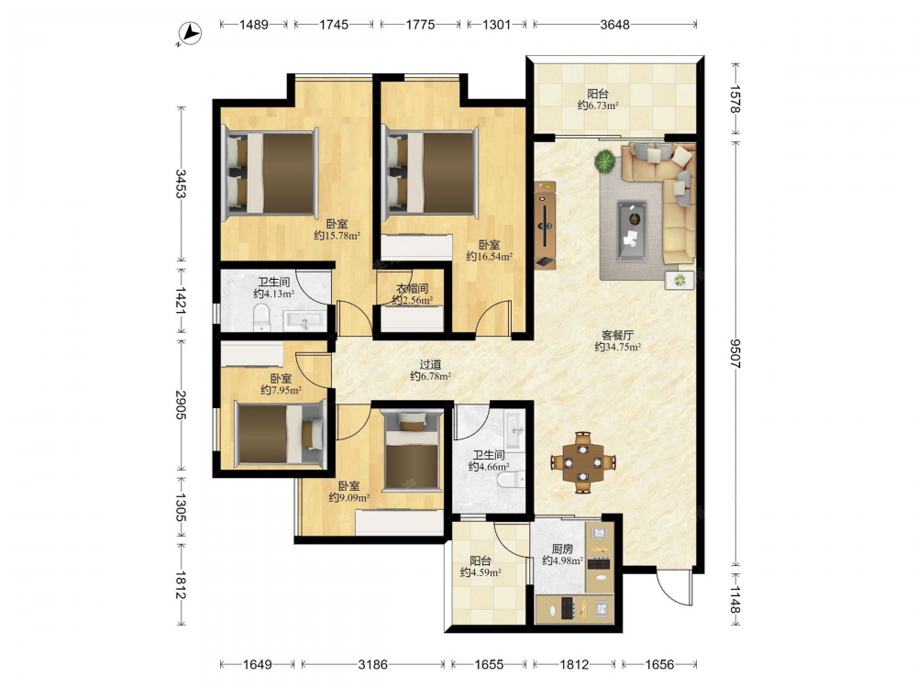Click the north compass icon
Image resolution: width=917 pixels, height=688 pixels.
tap(190, 33)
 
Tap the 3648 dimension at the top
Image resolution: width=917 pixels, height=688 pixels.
tap(614, 25)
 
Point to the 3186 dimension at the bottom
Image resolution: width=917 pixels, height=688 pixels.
tap(372, 664)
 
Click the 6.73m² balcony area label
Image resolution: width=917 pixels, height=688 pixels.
tap(598, 105)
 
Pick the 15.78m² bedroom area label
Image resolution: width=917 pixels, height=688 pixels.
tap(337, 235)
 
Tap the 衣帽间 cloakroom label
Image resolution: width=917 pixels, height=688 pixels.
tap(413, 288)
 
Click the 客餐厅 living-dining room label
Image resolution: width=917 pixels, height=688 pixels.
tap(617, 335)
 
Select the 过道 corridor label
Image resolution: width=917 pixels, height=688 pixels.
tap(430, 364)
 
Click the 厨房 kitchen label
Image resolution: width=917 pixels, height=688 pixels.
tap(563, 549)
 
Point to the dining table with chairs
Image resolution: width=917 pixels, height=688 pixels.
tap(583, 462)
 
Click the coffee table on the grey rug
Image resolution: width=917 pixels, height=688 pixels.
tap(632, 230)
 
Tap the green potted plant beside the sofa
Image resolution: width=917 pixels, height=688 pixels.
tap(605, 161)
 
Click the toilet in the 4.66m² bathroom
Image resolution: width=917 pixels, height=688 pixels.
tap(513, 480)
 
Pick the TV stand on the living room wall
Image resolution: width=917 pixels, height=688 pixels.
tap(545, 225)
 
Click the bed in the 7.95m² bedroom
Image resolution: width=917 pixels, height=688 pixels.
tap(280, 434)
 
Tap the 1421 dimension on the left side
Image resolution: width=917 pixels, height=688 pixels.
tap(181, 301)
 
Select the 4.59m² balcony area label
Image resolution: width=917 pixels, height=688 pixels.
tap(481, 572)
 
